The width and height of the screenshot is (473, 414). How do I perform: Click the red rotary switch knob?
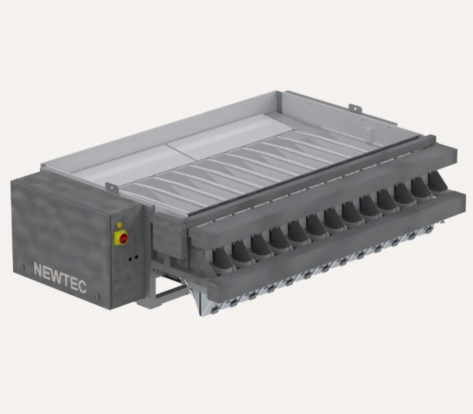tap(124, 239)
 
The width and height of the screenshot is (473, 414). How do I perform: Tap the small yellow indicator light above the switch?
tap(120, 225)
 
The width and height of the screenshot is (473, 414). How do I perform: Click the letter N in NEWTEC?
tap(38, 269)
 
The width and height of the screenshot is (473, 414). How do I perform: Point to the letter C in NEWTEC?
tap(82, 286)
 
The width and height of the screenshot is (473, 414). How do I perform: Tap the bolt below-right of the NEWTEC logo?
tap(97, 297)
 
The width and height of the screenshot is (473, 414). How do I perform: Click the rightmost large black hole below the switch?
tap(137, 257)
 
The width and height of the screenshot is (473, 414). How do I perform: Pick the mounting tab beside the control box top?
tap(112, 187)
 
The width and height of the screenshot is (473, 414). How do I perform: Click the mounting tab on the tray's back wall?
tap(356, 109)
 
